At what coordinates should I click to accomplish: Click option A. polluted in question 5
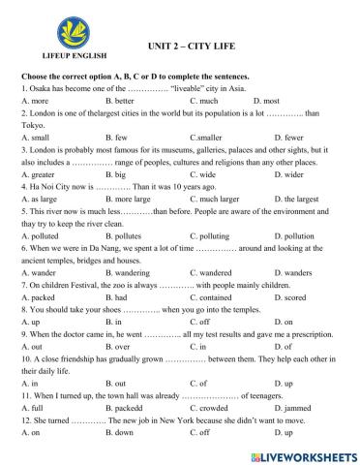[x=39, y=263]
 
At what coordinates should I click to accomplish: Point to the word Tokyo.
[x=32, y=125]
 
